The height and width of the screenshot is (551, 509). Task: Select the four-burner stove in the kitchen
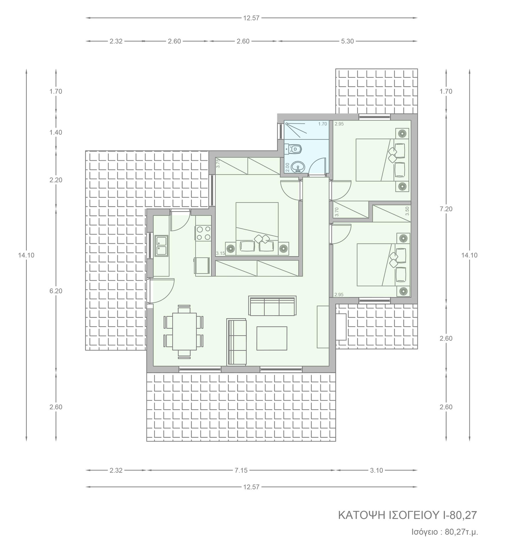click(x=203, y=233)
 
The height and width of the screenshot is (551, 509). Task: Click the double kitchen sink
click(x=161, y=246)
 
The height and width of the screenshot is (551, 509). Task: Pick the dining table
click(x=184, y=331)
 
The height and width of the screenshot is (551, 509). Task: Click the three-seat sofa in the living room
click(x=272, y=306)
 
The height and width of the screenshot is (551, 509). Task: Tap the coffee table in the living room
click(x=272, y=338)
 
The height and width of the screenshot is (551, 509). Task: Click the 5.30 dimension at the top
click(x=347, y=41)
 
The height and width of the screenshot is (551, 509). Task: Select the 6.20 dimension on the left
click(x=56, y=291)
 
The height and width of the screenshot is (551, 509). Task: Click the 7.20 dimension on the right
click(x=446, y=209)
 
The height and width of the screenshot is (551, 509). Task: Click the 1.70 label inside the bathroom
click(x=323, y=124)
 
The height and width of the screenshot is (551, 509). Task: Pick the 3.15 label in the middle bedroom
click(x=220, y=253)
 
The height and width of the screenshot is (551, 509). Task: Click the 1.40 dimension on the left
click(x=56, y=132)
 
